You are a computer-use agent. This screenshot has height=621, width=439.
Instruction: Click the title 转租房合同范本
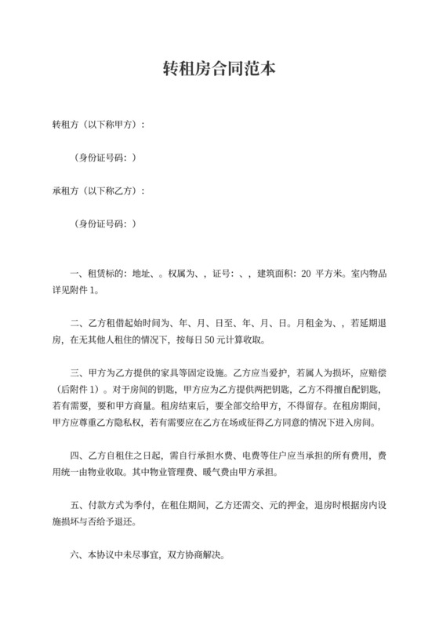click(x=219, y=69)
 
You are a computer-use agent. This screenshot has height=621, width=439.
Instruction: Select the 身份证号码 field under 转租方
click(x=105, y=158)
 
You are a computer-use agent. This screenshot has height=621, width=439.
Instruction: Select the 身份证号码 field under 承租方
click(x=105, y=223)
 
